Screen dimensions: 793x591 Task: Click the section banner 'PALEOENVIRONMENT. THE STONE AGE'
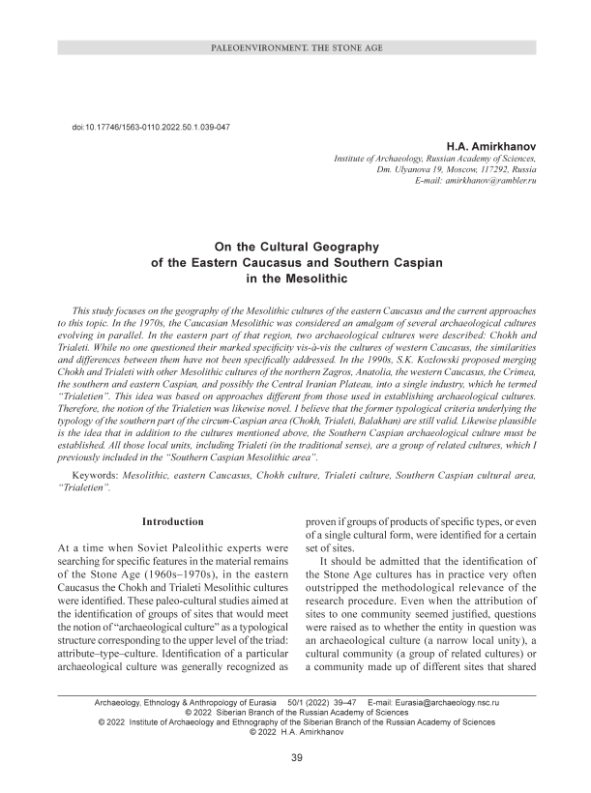point(295,47)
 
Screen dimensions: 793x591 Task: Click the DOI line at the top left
point(151,128)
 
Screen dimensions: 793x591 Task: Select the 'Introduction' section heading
point(172,521)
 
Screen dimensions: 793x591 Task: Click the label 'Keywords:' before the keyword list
point(105,477)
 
